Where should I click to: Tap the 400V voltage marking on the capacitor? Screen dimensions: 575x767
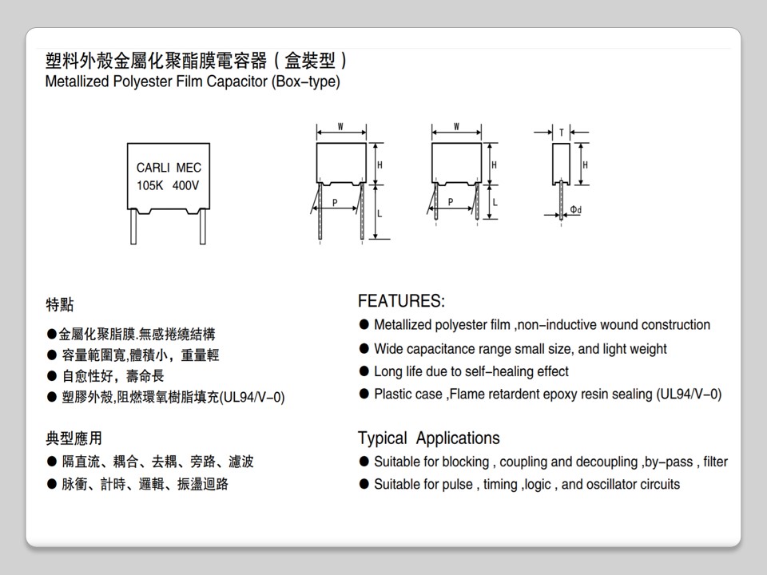click(185, 185)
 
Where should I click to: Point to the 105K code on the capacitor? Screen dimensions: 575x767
click(149, 185)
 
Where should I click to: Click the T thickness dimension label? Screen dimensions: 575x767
click(561, 133)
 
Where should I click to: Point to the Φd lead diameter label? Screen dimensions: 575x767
click(575, 210)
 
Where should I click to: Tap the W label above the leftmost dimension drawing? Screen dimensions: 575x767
click(341, 127)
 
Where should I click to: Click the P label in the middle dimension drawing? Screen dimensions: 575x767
click(450, 203)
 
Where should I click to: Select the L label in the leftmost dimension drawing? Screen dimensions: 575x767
click(379, 214)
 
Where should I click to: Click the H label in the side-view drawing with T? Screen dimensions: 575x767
click(585, 165)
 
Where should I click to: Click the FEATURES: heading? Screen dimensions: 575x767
click(401, 301)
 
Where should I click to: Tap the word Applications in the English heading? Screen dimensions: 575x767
click(458, 438)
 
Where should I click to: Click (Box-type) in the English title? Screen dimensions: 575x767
click(306, 81)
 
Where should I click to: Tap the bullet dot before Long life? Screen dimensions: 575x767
click(364, 371)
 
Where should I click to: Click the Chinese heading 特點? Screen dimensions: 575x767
click(60, 304)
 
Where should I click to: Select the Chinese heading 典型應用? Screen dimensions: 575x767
click(74, 438)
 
